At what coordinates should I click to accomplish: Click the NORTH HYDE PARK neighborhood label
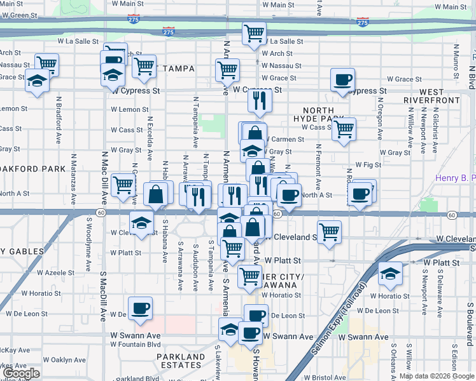coord(318,114)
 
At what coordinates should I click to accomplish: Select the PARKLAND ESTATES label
coord(181,361)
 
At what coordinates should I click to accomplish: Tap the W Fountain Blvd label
coord(135,345)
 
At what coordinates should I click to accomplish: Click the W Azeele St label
coord(55,272)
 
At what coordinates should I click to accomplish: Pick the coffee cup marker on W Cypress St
coord(343,80)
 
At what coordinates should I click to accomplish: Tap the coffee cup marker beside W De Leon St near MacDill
coord(140,308)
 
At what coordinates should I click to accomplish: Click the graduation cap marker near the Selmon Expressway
coord(390,273)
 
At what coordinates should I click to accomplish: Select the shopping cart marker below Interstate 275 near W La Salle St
coord(255,32)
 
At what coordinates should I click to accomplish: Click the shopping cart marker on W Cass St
coord(344,129)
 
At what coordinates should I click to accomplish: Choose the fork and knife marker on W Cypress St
coord(259,100)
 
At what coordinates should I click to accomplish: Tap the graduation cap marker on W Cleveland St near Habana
coord(141,222)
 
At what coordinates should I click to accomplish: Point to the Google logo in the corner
coord(21,374)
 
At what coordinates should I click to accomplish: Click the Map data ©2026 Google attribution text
coord(437,376)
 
